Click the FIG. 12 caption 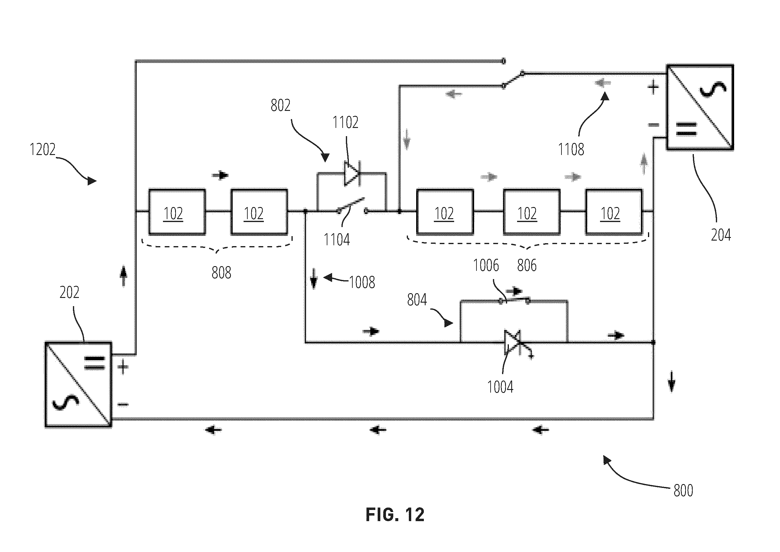pyautogui.click(x=395, y=515)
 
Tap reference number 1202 pyautogui.click(x=42, y=150)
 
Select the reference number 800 pyautogui.click(x=683, y=491)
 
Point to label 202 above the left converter pyautogui.click(x=69, y=292)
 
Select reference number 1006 pyautogui.click(x=486, y=266)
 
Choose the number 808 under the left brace pyautogui.click(x=221, y=273)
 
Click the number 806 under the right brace pyautogui.click(x=527, y=266)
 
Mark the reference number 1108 pyautogui.click(x=571, y=149)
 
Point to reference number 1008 pyautogui.click(x=362, y=282)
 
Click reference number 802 pyautogui.click(x=280, y=105)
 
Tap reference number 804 pyautogui.click(x=417, y=300)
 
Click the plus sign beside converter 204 pyautogui.click(x=653, y=88)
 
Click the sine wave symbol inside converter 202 pyautogui.click(x=66, y=402)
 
